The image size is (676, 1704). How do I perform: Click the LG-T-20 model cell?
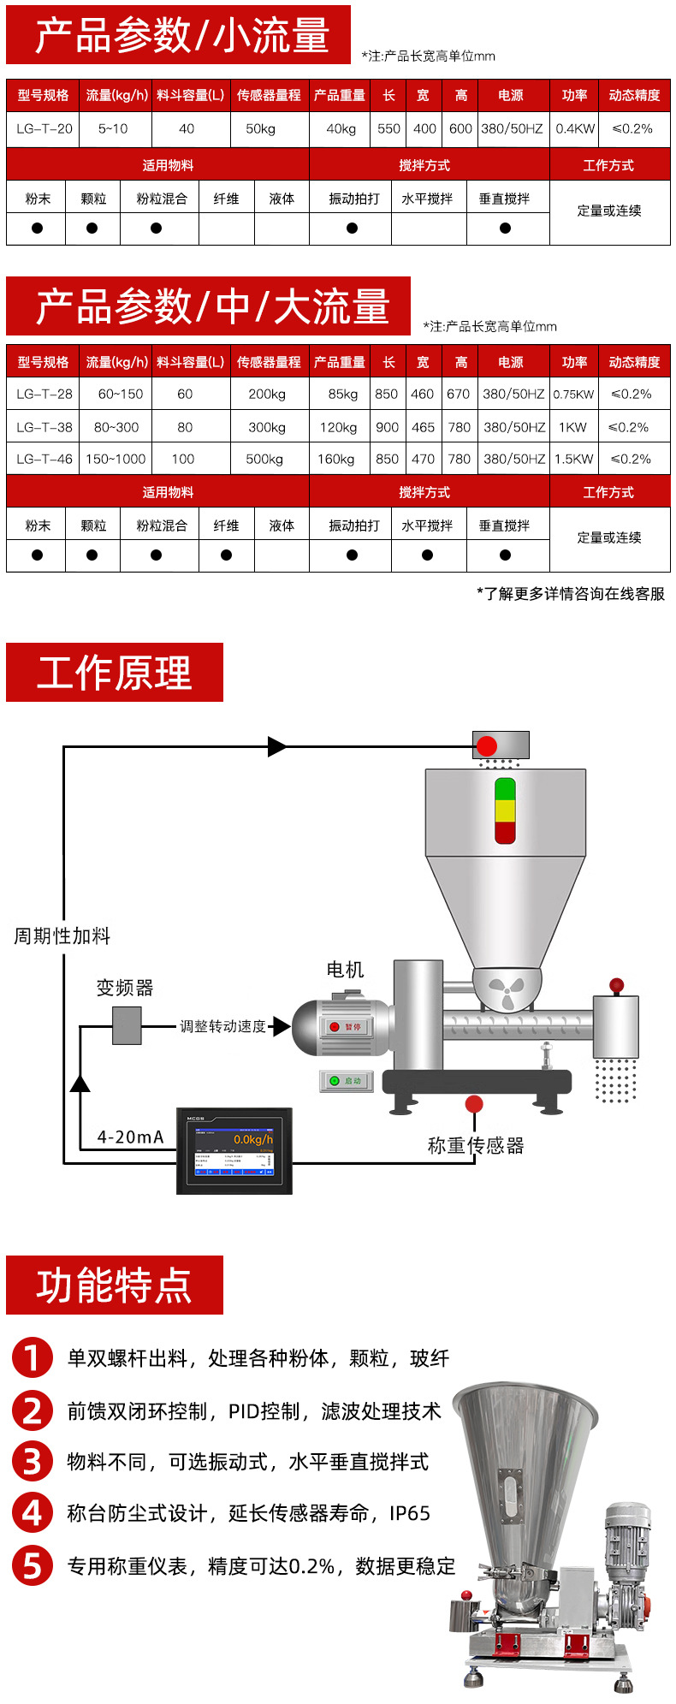click(x=44, y=129)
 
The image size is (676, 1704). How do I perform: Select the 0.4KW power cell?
click(x=575, y=129)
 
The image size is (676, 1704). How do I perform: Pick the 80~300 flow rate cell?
click(x=116, y=427)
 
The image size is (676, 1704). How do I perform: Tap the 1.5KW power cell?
click(x=573, y=459)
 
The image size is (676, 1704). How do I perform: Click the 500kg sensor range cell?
click(x=264, y=459)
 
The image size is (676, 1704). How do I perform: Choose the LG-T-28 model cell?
click(x=44, y=395)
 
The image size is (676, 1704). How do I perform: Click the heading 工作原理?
click(x=115, y=674)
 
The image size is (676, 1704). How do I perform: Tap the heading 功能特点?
click(x=115, y=1285)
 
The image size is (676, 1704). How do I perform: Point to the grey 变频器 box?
click(x=127, y=1025)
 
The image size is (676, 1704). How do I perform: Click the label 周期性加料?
click(x=62, y=936)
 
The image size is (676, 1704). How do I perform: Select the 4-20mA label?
click(x=130, y=1137)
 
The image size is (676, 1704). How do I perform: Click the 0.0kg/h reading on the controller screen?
click(x=253, y=1139)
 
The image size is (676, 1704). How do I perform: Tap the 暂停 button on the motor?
click(x=347, y=1026)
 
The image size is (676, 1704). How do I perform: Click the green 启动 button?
click(x=346, y=1081)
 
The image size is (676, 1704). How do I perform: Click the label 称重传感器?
click(x=476, y=1146)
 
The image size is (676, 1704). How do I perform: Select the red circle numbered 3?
click(x=33, y=1462)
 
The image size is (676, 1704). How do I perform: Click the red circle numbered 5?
click(x=33, y=1566)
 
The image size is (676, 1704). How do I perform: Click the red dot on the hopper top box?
click(x=487, y=745)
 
